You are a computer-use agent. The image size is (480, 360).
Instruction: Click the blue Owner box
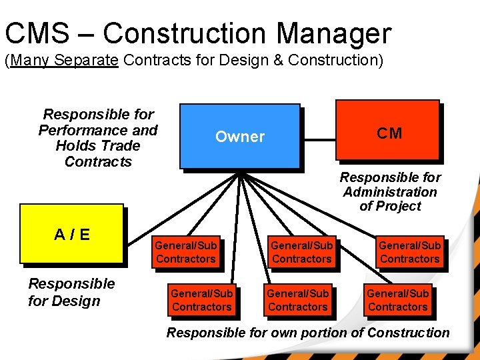tap(240, 136)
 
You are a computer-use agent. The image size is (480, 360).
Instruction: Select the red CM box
tap(389, 133)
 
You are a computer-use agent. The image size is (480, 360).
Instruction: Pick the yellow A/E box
tap(72, 234)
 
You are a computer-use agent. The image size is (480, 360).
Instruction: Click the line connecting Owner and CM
tap(319, 141)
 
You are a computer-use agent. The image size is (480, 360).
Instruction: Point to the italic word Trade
tap(123, 146)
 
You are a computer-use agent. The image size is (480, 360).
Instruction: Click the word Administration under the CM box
tap(390, 192)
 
